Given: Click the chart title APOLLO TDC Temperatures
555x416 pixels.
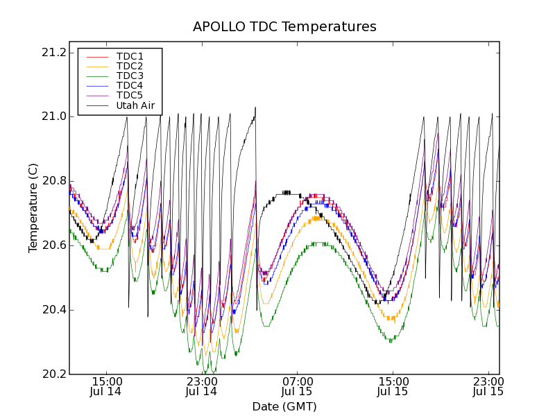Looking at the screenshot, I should (284, 27).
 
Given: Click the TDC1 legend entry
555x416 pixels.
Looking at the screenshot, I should (130, 56).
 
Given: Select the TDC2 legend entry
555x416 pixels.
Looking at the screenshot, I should (130, 66).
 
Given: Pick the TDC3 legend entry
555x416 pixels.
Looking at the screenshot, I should (130, 76).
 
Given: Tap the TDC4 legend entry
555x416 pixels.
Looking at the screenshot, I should (130, 85).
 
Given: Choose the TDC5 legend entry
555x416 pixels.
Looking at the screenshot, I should (130, 95).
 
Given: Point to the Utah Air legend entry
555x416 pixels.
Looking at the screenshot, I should (135, 105).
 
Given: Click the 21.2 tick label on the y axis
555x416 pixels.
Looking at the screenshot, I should (53, 53).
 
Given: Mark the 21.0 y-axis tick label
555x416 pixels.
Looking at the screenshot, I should (53, 116).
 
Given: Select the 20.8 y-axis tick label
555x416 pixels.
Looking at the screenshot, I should (53, 181).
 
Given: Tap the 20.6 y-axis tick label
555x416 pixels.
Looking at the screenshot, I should (53, 245).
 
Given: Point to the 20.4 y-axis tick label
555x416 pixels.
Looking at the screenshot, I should (53, 310).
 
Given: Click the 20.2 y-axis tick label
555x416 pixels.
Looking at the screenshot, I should (53, 374).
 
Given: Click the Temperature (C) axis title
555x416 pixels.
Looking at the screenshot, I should (33, 207).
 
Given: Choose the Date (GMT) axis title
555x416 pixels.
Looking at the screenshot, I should (284, 406).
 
